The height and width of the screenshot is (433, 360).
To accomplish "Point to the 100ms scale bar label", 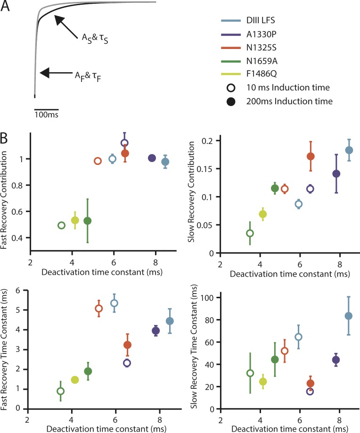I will click(x=46, y=114).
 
